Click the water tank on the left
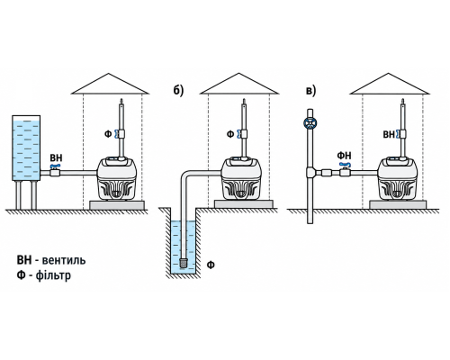coord(26,148)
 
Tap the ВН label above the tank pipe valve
coord(56,158)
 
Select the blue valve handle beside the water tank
coord(56,166)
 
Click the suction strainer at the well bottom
coord(184,263)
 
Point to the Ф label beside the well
coord(211,265)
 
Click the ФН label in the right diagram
coord(344,156)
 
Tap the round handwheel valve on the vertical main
coord(310,123)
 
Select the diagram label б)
coord(178,91)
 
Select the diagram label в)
coord(311,91)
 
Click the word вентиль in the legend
coord(64,260)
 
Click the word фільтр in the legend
coord(53,275)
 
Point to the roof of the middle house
coord(239,84)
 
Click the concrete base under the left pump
coord(117,205)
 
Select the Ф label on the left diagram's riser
coord(108,134)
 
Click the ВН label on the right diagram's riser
coord(389,134)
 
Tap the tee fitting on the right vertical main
coord(310,173)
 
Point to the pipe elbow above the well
coord(187,176)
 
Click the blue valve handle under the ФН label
coord(345,165)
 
